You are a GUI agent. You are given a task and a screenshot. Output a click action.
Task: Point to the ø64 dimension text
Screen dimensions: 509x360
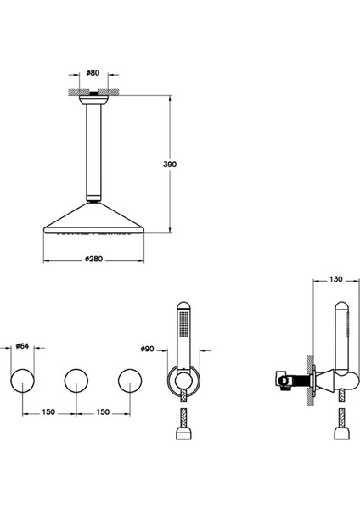(24, 347)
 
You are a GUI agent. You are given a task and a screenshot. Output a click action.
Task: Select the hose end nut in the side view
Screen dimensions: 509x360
(340, 433)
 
